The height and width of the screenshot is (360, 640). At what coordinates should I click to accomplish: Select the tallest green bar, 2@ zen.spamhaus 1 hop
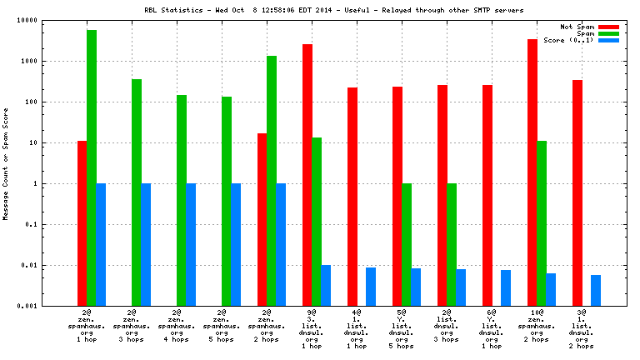pyautogui.click(x=92, y=167)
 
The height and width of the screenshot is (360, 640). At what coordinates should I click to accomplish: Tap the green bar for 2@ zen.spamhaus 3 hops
pyautogui.click(x=137, y=192)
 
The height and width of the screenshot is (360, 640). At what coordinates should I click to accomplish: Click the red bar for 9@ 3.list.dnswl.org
pyautogui.click(x=307, y=175)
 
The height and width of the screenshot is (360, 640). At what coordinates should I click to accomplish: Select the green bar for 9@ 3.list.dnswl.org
pyautogui.click(x=317, y=222)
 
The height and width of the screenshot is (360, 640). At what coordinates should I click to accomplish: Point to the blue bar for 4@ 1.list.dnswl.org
pyautogui.click(x=371, y=287)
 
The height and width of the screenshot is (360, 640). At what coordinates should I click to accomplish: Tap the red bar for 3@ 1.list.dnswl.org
pyautogui.click(x=577, y=192)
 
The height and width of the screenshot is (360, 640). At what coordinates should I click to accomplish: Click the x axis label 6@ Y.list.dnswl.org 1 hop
pyautogui.click(x=492, y=330)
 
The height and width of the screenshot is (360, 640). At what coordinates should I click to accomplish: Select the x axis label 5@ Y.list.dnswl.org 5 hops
pyautogui.click(x=402, y=330)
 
